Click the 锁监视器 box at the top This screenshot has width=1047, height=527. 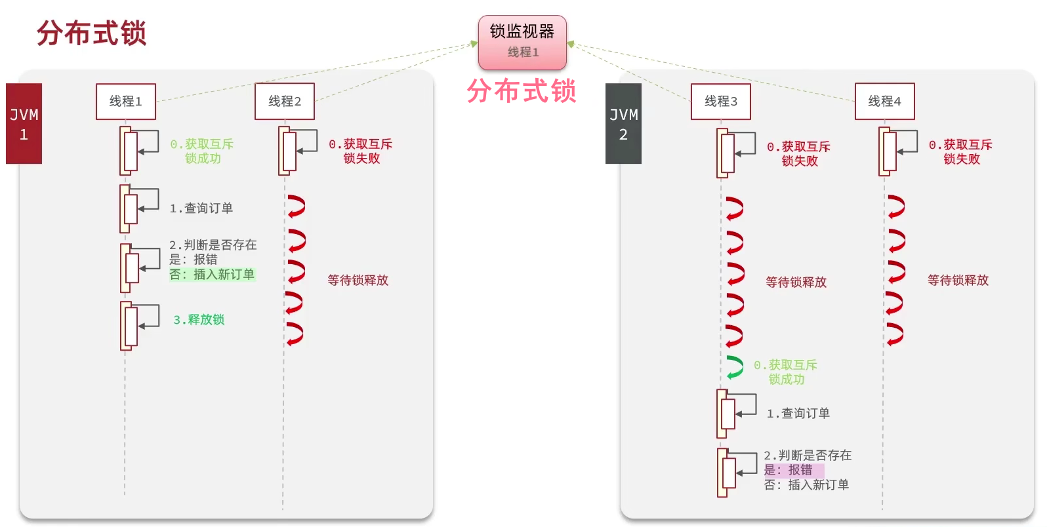click(522, 42)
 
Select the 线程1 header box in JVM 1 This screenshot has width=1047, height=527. click(125, 102)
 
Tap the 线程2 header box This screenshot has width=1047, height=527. click(284, 102)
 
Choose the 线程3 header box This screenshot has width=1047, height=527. click(720, 102)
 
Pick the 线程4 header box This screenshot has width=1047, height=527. click(884, 102)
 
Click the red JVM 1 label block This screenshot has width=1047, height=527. click(24, 124)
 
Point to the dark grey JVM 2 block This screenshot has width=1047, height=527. click(623, 124)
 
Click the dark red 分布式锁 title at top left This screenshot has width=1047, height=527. click(91, 33)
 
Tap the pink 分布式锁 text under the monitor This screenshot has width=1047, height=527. click(522, 91)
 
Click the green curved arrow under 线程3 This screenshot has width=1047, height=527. click(735, 368)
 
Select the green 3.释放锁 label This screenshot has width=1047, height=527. click(199, 320)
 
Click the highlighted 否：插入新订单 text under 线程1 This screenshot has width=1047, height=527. click(212, 275)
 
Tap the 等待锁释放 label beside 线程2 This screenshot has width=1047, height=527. click(358, 281)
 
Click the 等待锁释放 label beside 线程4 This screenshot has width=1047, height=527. click(958, 281)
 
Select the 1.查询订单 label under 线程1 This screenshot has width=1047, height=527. click(201, 208)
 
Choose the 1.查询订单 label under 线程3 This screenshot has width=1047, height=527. click(798, 414)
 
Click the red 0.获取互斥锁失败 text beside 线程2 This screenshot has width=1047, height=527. click(361, 151)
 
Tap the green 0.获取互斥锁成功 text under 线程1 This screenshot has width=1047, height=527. click(202, 151)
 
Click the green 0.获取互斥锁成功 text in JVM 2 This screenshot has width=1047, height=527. click(786, 372)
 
